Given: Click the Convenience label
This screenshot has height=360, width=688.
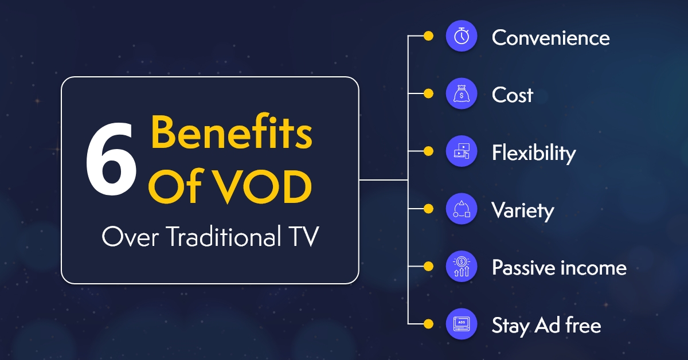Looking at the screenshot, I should (x=550, y=38).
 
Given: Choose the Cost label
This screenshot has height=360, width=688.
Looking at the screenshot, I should (x=512, y=95).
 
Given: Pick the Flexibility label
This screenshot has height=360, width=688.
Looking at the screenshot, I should (x=533, y=152).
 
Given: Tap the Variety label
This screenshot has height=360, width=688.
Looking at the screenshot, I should (x=522, y=210).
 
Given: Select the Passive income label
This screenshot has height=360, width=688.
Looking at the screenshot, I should (x=559, y=268).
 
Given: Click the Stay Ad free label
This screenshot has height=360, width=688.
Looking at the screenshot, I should (x=546, y=326).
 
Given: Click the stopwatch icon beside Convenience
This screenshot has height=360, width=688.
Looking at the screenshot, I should (x=462, y=37).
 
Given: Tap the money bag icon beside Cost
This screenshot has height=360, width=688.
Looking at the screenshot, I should (x=462, y=94).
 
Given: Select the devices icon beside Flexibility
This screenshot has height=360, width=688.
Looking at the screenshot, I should (x=462, y=151).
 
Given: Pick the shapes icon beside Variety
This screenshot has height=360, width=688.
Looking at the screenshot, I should (x=462, y=209).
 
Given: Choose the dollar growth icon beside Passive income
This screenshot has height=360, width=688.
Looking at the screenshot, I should (x=462, y=267).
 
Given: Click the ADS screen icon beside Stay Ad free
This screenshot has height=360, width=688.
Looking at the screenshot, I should (x=462, y=324).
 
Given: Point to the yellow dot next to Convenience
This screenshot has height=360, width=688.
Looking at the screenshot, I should (x=428, y=37).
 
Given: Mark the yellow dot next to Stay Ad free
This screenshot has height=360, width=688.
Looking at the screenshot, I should (x=428, y=324).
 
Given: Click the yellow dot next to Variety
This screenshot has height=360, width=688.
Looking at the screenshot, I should (x=428, y=209).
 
